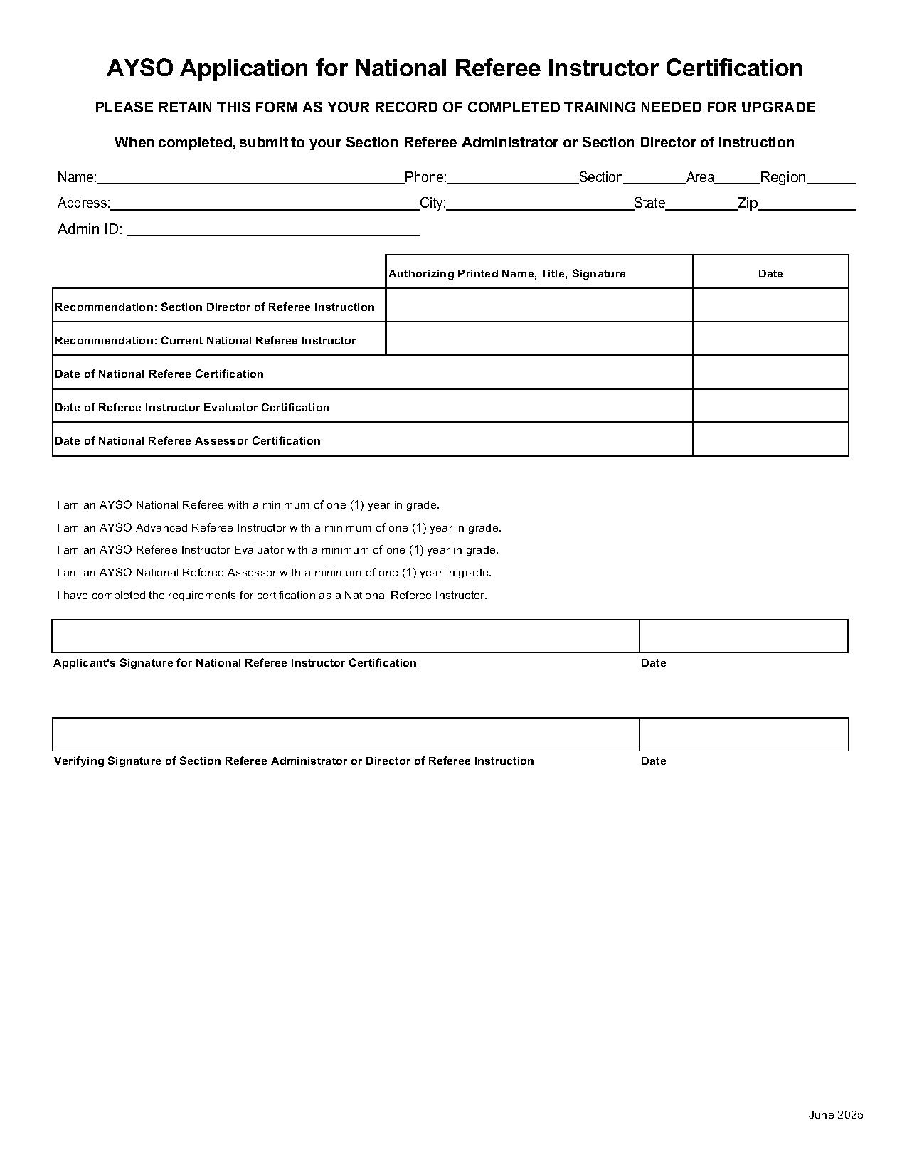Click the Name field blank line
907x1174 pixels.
(x=250, y=179)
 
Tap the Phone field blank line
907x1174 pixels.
(x=512, y=179)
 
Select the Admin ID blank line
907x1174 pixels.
(x=272, y=231)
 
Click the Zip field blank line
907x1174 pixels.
(x=807, y=205)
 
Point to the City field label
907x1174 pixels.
(x=433, y=203)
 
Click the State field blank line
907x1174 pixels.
(x=701, y=205)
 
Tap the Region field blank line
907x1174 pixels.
(x=832, y=179)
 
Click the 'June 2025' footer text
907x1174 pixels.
(x=835, y=1115)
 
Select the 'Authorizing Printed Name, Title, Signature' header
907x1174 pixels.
(x=507, y=274)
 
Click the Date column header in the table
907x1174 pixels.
(x=770, y=274)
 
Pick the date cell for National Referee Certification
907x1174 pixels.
(x=770, y=373)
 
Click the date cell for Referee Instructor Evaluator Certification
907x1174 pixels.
(x=770, y=406)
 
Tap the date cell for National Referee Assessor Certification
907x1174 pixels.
(x=770, y=440)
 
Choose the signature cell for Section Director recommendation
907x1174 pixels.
(x=539, y=305)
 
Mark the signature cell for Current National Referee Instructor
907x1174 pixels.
(x=539, y=339)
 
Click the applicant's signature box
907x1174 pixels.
(x=346, y=636)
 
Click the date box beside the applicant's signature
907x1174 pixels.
(x=743, y=636)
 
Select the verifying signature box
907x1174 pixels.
(x=346, y=734)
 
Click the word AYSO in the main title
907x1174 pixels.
(x=140, y=68)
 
